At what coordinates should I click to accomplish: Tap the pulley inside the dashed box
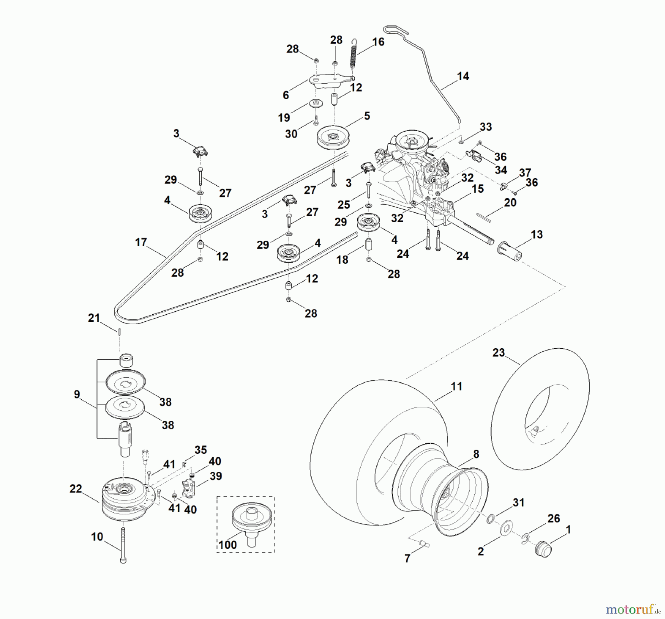[x=251, y=520]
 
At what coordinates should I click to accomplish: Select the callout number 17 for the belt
[x=141, y=242]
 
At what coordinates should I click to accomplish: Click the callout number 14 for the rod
[x=463, y=76]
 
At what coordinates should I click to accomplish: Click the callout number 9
[x=77, y=394]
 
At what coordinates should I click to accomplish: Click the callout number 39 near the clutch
[x=215, y=476]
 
